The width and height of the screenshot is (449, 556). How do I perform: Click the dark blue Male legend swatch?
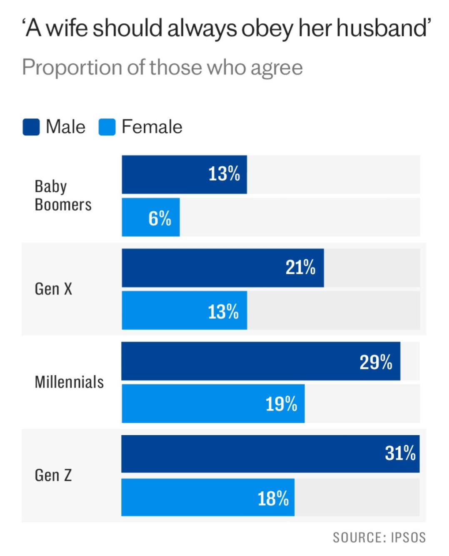point(31,127)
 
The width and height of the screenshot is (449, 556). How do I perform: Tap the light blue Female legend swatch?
point(107,127)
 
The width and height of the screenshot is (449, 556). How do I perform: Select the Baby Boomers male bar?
point(184,175)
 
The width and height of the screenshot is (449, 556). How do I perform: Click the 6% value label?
point(160,218)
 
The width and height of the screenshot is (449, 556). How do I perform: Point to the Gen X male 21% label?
point(300,267)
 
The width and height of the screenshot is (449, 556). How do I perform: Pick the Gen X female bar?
point(184,311)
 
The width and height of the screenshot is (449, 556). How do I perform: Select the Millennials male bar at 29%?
point(261,361)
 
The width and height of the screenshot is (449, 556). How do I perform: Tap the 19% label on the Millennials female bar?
point(282,404)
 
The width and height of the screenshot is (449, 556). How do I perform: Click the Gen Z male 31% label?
point(400,453)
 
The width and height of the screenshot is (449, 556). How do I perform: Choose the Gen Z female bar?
point(208,497)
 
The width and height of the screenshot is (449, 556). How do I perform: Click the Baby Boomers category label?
point(63,195)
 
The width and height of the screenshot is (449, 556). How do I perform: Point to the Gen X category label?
point(53,289)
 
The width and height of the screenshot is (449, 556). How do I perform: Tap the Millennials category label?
point(69,382)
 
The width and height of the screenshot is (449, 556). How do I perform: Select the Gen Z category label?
point(53,475)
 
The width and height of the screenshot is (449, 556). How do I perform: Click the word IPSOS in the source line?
point(408,538)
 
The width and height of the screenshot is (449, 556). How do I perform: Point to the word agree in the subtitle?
point(276,68)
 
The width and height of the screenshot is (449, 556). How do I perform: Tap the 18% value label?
point(273,498)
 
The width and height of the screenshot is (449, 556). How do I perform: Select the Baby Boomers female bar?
point(151,217)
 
